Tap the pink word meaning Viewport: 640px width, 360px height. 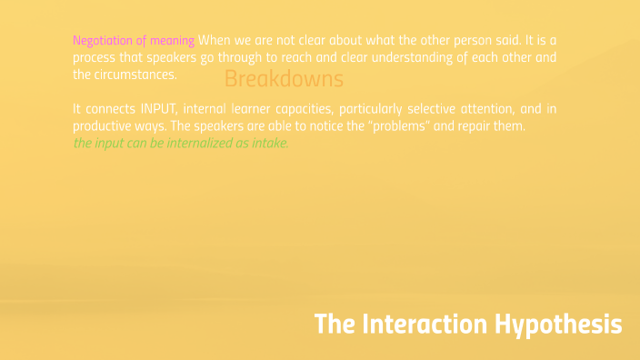[x=174, y=40]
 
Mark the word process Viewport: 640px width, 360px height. [x=95, y=58]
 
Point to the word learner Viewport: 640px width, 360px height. [x=240, y=109]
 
